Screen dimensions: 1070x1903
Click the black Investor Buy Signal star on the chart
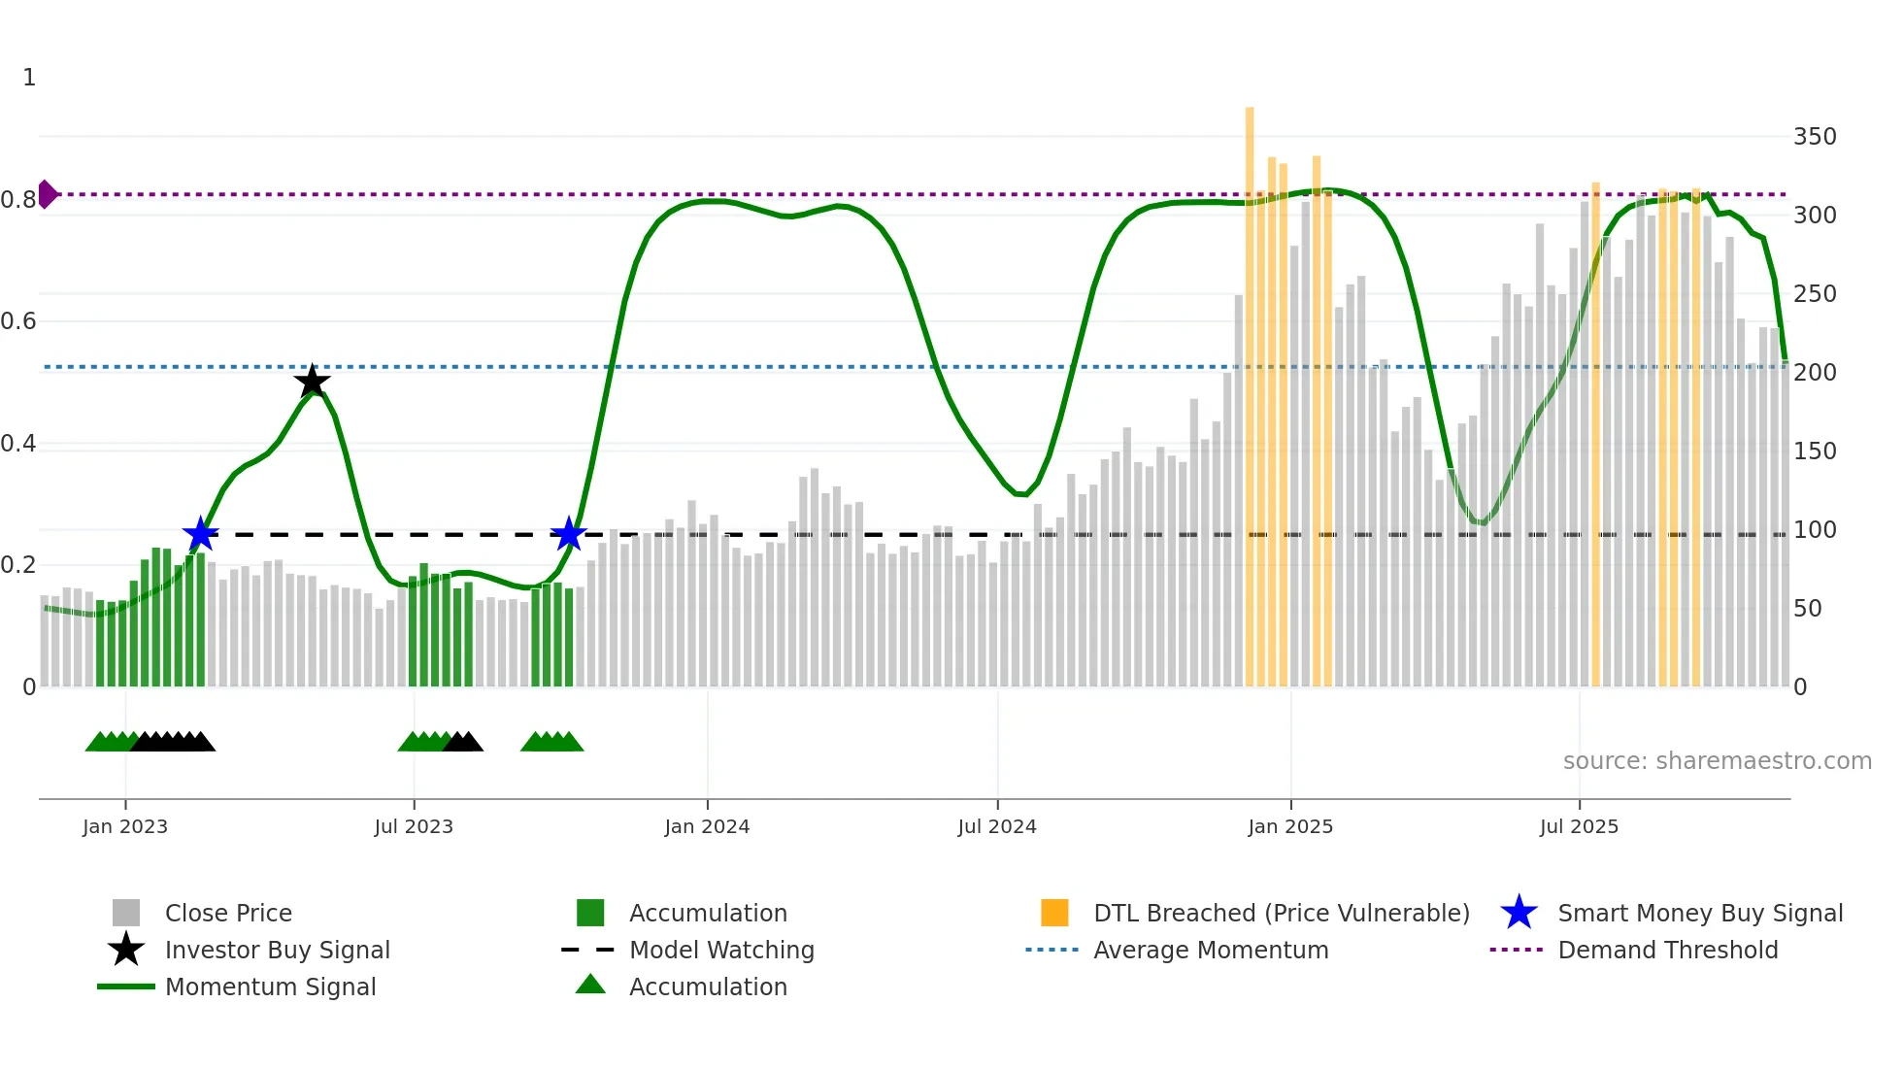312,382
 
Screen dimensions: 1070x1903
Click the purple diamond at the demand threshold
47,194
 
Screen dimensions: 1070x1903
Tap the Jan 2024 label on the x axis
707,826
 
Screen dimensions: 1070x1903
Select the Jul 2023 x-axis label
414,826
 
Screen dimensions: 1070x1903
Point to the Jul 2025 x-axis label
1579,826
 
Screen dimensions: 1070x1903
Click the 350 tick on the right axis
1815,137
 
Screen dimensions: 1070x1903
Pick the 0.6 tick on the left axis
18,321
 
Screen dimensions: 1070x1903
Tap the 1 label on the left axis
29,78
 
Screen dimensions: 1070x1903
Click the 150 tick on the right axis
1815,451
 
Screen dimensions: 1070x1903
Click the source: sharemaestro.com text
1717,761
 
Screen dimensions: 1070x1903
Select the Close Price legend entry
228,914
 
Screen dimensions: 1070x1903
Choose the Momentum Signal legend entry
270,987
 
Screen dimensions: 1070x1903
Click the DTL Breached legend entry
1281,914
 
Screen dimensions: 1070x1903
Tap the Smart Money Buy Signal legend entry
1699,914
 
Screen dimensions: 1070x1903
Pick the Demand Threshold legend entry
1667,951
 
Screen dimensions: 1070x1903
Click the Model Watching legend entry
721,951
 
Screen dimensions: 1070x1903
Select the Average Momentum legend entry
1211,951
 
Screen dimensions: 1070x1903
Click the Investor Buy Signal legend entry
277,951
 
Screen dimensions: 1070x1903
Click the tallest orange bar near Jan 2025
1250,388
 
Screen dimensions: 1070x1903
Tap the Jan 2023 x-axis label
125,826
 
